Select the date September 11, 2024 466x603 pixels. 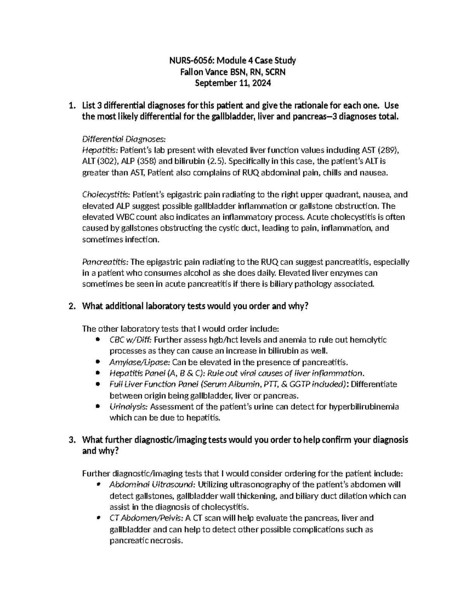[233, 83]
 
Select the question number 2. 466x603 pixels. [71, 306]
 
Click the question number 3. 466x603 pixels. [71, 440]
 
